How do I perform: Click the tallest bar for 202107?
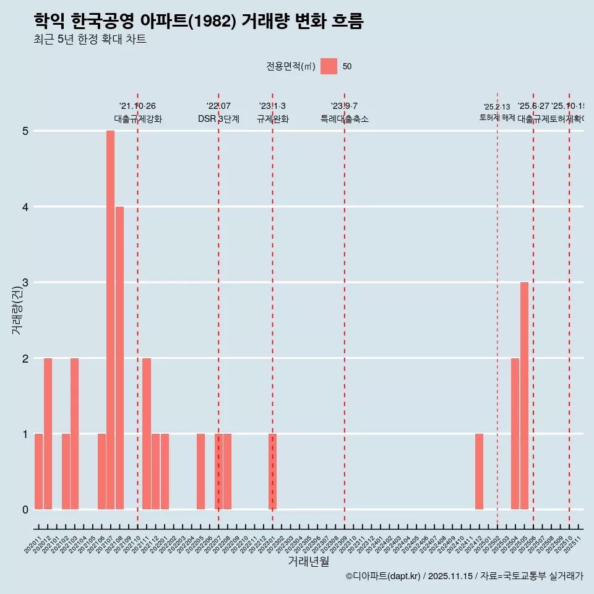coord(110,320)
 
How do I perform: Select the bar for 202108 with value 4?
coord(119,358)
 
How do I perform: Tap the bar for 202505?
coord(524,395)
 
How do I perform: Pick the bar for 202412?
coord(479,471)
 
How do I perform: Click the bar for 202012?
coord(48,433)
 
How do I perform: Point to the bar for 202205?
coord(200,471)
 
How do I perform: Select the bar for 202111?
coord(147,433)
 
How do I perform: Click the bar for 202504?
coord(515,433)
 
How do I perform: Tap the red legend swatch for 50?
coord(329,66)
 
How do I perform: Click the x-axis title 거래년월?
coord(308,561)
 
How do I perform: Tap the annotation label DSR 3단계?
coord(218,119)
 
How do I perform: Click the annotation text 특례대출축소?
coord(344,119)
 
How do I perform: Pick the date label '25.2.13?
coord(497,107)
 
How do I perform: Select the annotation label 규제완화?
coord(272,119)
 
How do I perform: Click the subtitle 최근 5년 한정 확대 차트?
coord(90,40)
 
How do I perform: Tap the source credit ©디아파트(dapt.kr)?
coord(384,576)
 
